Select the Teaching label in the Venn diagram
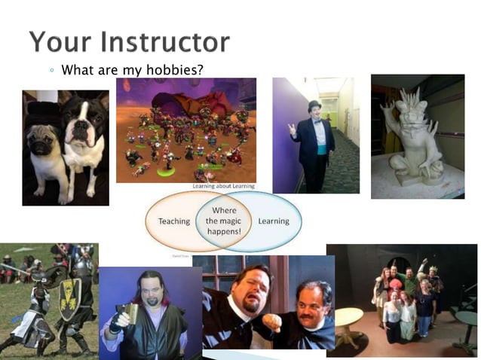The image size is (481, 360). (x=174, y=221)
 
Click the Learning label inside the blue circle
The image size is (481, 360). (x=273, y=221)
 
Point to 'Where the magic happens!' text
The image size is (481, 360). (x=224, y=221)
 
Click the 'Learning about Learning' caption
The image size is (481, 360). (x=223, y=186)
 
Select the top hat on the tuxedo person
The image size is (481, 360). (x=314, y=105)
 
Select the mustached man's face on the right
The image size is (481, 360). (x=310, y=299)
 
